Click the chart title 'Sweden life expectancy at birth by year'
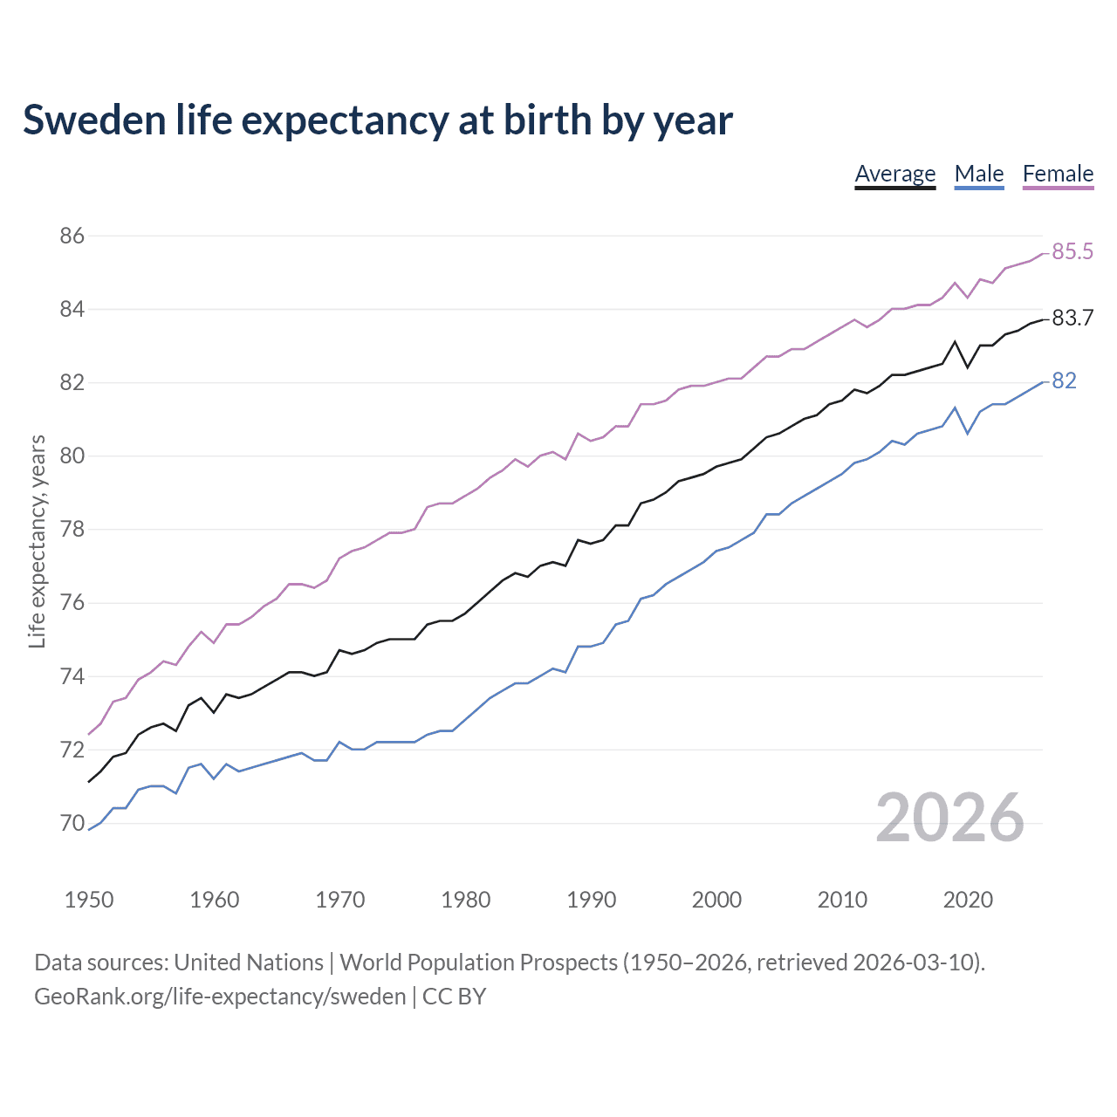click(377, 120)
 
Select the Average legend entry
click(894, 174)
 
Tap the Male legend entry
click(978, 174)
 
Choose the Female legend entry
click(1058, 174)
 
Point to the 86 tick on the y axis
click(72, 236)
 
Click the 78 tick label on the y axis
click(72, 530)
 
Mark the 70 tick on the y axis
click(72, 823)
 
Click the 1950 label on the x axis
click(89, 900)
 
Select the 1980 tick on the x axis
click(465, 900)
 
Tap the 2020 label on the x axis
click(968, 900)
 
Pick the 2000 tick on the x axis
click(716, 900)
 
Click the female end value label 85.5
click(1072, 252)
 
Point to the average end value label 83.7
click(1072, 319)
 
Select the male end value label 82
click(1064, 381)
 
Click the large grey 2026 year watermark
click(949, 818)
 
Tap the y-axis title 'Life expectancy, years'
click(38, 541)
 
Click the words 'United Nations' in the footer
click(249, 963)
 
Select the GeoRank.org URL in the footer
click(220, 997)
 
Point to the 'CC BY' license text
click(454, 997)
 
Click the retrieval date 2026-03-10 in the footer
click(915, 963)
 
